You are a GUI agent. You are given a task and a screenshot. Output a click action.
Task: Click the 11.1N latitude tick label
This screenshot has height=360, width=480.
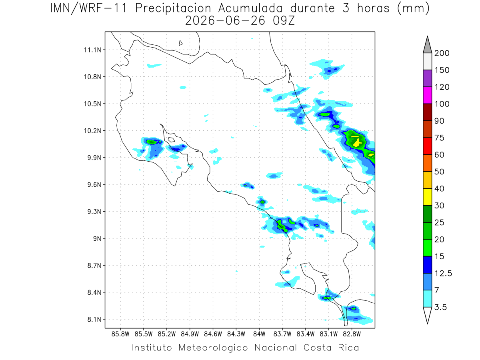point(92,50)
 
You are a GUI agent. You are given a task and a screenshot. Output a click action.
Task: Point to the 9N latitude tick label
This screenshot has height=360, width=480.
point(97,238)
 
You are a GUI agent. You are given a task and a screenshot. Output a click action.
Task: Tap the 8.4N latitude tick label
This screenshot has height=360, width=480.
point(94,292)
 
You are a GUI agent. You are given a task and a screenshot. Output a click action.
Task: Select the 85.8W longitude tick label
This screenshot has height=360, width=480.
point(120,334)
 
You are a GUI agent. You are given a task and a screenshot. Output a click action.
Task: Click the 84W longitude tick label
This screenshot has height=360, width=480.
point(259,334)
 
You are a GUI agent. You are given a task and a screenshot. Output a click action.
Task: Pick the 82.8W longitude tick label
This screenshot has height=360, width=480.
point(352,334)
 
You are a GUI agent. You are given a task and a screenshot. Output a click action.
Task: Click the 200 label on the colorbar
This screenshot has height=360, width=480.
point(442,53)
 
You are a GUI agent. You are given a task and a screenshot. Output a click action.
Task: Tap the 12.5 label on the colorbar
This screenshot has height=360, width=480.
point(443,274)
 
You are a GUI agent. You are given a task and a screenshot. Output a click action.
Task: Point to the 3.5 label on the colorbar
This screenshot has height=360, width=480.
point(440,307)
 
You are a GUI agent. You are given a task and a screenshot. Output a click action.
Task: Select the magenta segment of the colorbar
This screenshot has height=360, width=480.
point(427,95)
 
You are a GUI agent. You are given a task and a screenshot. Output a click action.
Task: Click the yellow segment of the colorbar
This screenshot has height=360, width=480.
point(427,197)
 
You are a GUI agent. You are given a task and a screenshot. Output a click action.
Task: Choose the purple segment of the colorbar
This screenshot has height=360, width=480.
point(427,78)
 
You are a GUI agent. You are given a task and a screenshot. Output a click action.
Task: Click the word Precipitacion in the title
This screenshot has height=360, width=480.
point(173,8)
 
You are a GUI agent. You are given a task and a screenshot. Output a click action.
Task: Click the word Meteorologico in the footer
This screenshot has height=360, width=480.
point(213,348)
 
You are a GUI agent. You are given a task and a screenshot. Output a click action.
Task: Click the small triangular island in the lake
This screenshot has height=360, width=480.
point(180,43)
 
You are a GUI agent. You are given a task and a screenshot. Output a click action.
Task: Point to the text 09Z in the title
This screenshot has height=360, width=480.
point(284,21)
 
